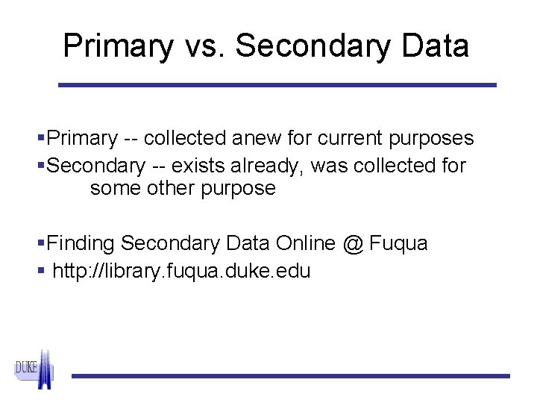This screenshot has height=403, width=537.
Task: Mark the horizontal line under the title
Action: click(277, 85)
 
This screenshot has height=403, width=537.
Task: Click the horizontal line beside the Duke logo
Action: click(291, 375)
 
